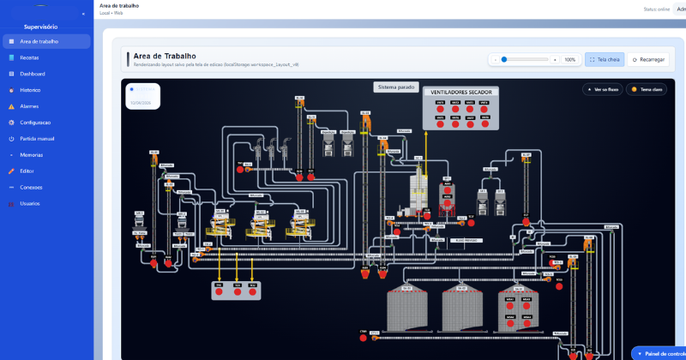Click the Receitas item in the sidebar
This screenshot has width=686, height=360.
point(30,57)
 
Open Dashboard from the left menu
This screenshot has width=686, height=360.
point(33,74)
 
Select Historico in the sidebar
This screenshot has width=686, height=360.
point(31,90)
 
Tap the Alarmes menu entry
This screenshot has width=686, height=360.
point(29,106)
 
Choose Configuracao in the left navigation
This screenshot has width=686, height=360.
point(35,123)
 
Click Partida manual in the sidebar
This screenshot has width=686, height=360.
point(37,138)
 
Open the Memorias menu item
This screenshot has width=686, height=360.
point(31,155)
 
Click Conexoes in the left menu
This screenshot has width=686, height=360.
point(31,187)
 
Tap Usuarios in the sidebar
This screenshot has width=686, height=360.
point(30,203)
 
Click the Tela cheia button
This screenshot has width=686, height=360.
point(604,60)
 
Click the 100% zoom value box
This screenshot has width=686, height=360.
point(569,60)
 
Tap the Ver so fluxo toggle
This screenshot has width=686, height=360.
point(602,89)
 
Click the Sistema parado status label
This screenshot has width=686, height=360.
point(396,87)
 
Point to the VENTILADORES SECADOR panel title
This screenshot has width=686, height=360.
point(460,92)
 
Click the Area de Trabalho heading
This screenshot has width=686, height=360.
point(165,56)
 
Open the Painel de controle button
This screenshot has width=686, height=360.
point(660,353)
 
